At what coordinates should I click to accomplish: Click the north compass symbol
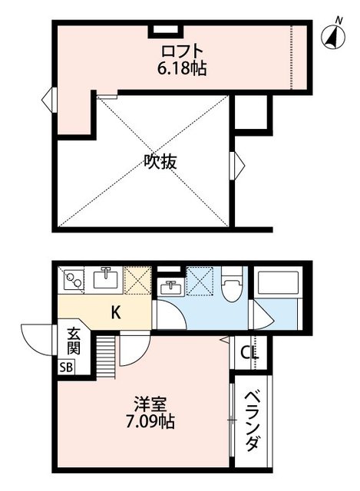point(333,35)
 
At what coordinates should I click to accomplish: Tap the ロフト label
point(182,51)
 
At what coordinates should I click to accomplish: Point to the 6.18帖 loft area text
point(182,68)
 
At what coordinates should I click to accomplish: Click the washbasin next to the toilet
point(170,287)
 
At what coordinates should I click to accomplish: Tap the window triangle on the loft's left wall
point(48,99)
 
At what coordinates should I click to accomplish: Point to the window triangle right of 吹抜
point(236,163)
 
